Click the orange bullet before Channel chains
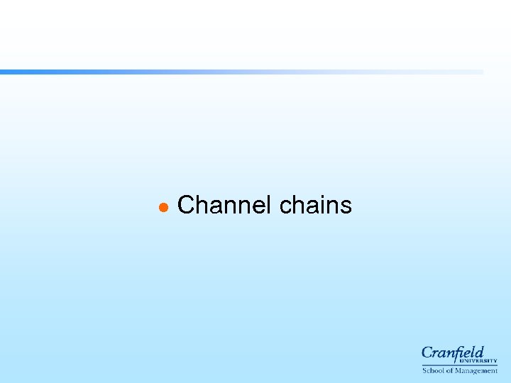click(x=163, y=207)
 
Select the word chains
click(x=316, y=206)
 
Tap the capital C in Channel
click(x=187, y=206)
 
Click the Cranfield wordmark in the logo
click(x=452, y=353)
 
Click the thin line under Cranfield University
click(x=459, y=365)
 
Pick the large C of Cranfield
click(x=428, y=353)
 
